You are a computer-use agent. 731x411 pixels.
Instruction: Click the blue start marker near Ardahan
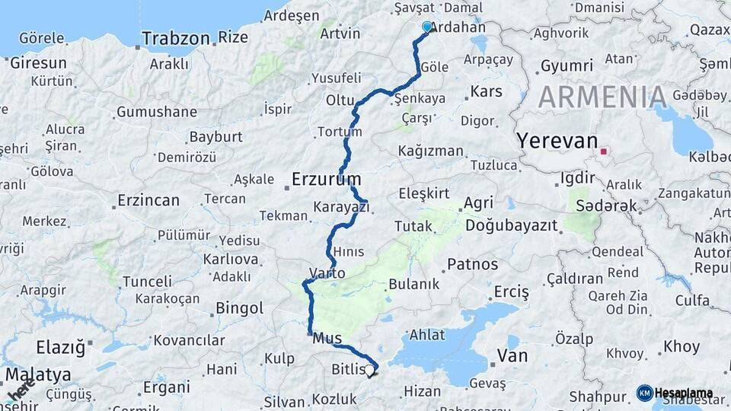[x=427, y=27]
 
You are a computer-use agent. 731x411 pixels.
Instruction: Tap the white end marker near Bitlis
[x=370, y=371]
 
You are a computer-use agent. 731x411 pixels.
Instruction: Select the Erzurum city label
[x=326, y=180]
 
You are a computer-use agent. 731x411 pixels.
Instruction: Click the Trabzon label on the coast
[x=175, y=38]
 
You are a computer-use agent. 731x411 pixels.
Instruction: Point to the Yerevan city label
[x=557, y=141]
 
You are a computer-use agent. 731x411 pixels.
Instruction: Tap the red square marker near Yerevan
[x=604, y=151]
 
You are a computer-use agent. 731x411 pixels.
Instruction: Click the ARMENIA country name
[x=602, y=97]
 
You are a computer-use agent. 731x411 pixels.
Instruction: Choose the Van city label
[x=512, y=355]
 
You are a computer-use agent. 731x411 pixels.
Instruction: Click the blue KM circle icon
[x=644, y=393]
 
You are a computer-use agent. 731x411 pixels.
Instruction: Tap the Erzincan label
[x=148, y=201]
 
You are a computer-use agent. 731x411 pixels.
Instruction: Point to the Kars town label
[x=486, y=91]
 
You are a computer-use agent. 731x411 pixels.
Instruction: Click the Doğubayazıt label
[x=511, y=226]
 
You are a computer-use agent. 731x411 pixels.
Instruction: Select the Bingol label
[x=240, y=308]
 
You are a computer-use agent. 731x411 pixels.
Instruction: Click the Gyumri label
[x=567, y=66]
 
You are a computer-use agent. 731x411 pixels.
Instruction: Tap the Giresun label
[x=38, y=63]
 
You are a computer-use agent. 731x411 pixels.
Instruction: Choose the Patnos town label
[x=472, y=264]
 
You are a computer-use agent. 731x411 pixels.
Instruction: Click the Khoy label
[x=682, y=346]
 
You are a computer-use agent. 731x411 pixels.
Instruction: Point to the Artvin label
[x=340, y=33]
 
